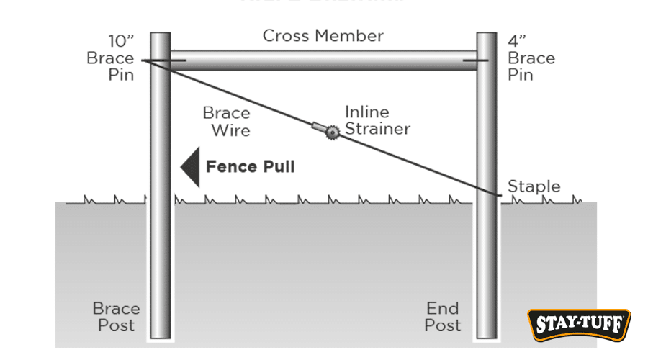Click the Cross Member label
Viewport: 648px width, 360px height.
tap(323, 36)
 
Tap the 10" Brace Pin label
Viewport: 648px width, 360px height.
tap(110, 57)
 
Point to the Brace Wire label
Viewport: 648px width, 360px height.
tap(226, 122)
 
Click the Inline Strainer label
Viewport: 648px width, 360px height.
tap(377, 121)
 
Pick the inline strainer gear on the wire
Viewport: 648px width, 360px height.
tap(332, 132)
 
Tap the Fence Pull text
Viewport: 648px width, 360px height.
tap(251, 167)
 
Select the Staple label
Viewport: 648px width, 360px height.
tap(534, 186)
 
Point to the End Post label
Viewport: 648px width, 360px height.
tap(442, 317)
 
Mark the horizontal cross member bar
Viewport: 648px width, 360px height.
tap(323, 60)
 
